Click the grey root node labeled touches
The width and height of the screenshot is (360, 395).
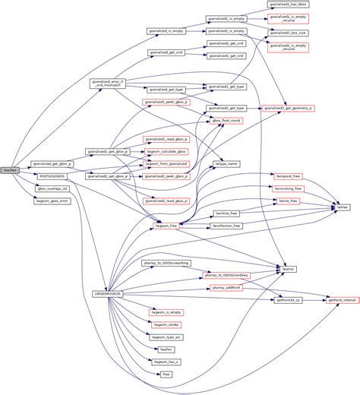click(10, 170)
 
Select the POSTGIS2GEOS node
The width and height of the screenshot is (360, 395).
click(52, 175)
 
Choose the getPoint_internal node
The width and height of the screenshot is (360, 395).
click(341, 300)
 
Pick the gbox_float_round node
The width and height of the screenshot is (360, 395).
click(226, 121)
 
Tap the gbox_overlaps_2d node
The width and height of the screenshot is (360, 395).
click(52, 188)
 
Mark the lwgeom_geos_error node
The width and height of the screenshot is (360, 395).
click(52, 201)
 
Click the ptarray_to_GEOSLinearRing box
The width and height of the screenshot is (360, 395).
click(166, 262)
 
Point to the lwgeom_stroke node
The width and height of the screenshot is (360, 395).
click(166, 324)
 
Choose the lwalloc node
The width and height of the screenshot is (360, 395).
click(166, 349)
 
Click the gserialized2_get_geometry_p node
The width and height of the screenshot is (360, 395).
click(287, 109)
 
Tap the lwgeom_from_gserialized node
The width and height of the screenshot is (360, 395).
click(166, 163)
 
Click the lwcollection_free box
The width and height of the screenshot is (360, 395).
click(226, 226)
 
